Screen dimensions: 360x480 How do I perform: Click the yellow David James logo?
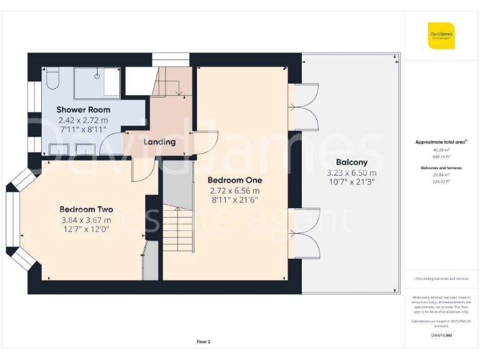tap(441, 35)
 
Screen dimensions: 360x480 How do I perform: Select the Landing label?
tap(159, 142)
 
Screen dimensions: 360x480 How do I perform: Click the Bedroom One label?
tap(234, 180)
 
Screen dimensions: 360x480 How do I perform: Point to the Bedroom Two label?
tap(86, 209)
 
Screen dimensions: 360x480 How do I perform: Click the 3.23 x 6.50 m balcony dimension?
tap(351, 172)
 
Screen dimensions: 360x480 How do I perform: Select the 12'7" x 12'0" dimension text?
tap(86, 229)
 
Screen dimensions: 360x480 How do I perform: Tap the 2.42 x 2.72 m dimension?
tap(82, 120)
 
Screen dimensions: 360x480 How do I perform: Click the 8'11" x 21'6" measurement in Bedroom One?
tap(234, 201)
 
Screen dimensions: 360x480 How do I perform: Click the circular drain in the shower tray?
tap(97, 76)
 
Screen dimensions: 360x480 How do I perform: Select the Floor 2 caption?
tap(204, 342)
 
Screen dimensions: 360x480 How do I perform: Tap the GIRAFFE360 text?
tap(441, 336)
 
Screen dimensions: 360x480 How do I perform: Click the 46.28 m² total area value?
tap(441, 150)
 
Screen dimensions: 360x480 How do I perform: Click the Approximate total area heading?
tap(441, 142)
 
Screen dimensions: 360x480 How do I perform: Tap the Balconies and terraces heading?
tap(441, 167)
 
